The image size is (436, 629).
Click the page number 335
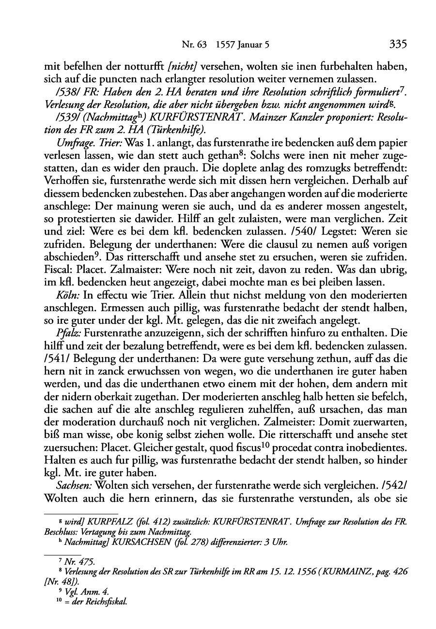[397, 45]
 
